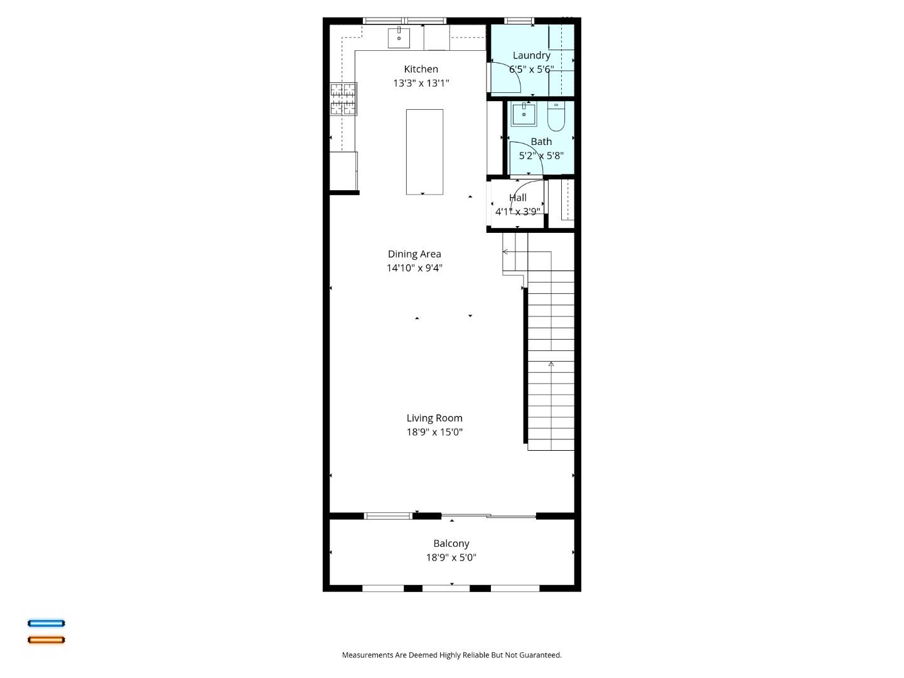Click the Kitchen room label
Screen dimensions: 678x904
[x=421, y=69]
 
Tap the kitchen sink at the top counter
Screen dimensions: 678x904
[x=399, y=38]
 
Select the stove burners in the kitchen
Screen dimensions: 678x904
[x=343, y=99]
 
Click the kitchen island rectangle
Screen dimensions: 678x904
[x=424, y=152]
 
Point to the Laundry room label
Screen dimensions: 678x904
[x=531, y=55]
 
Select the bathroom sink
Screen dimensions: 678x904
[x=524, y=115]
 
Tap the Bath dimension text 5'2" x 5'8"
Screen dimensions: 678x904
[x=541, y=156]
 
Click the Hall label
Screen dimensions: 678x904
[x=517, y=198]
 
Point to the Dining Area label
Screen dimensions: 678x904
[x=414, y=254]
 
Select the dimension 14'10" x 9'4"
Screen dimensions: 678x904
[x=414, y=268]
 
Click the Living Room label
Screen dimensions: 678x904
[x=434, y=418]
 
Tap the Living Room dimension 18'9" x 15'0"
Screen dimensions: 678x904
[x=434, y=432]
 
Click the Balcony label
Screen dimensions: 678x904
[x=451, y=544]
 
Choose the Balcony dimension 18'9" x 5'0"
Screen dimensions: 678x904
[x=451, y=557]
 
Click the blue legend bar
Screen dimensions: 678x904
[x=46, y=623]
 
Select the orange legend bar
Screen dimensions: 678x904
[x=46, y=640]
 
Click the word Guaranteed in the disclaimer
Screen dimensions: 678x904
[x=537, y=655]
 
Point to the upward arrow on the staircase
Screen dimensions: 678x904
[x=551, y=364]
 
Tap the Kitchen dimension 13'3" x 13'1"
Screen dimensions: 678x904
[x=421, y=83]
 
